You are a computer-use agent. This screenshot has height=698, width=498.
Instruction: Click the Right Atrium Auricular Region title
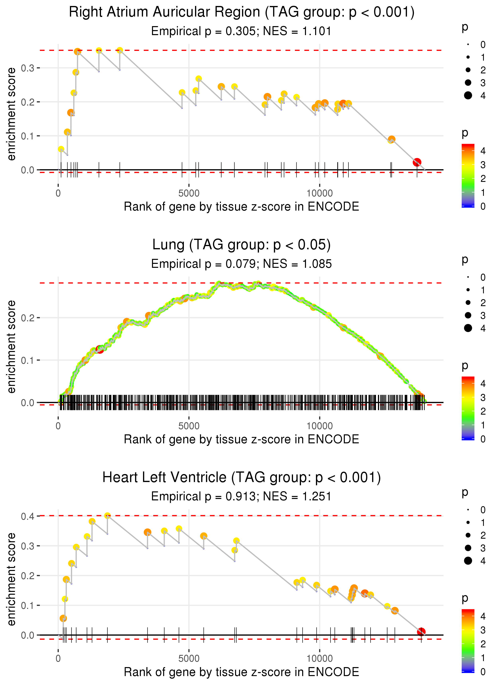coord(241,12)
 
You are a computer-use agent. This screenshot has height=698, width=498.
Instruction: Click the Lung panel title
coord(241,245)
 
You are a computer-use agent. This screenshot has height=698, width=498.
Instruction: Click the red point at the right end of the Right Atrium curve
coord(417,162)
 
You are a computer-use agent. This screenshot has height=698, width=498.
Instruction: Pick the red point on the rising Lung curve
coord(100,349)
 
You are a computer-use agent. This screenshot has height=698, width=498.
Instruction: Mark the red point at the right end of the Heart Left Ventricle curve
coord(421,632)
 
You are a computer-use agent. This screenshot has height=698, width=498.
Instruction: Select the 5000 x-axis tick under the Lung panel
coord(189,426)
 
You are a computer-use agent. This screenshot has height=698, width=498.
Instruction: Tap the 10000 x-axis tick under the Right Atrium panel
coord(320,193)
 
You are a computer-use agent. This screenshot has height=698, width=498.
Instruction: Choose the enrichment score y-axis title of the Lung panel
coord(12,347)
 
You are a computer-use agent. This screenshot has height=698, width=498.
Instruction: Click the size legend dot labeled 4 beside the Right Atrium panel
coord(468,96)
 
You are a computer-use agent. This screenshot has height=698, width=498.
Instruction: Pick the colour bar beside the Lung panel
coord(468,408)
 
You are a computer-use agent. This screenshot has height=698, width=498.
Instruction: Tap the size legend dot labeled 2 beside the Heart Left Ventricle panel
coord(468,535)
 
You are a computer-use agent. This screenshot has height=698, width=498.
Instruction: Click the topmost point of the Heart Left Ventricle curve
coord(107,516)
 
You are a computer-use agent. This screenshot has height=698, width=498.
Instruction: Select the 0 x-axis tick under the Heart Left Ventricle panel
coord(58,659)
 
